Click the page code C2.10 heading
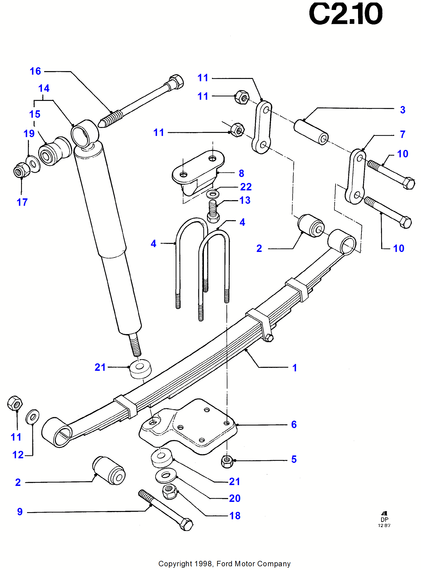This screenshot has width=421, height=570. pos(345,14)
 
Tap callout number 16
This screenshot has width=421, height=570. pos(35,71)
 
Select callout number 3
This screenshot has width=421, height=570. pos(402,110)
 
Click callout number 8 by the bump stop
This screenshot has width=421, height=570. pos(241,173)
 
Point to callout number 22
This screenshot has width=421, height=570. pos(246,187)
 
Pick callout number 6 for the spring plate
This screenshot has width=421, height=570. pos(294,425)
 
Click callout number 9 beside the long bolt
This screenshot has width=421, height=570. pos(20,512)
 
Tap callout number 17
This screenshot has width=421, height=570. pos(22,202)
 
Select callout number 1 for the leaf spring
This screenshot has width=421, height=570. pos(295,368)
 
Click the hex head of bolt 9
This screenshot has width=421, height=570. pos(187,524)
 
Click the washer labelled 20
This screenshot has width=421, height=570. pos(166,475)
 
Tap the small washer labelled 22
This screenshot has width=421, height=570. pos(212,194)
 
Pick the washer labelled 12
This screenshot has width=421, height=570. pos(32,417)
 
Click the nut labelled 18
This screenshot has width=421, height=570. pos(170,491)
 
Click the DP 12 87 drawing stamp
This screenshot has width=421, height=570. pos(384,520)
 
